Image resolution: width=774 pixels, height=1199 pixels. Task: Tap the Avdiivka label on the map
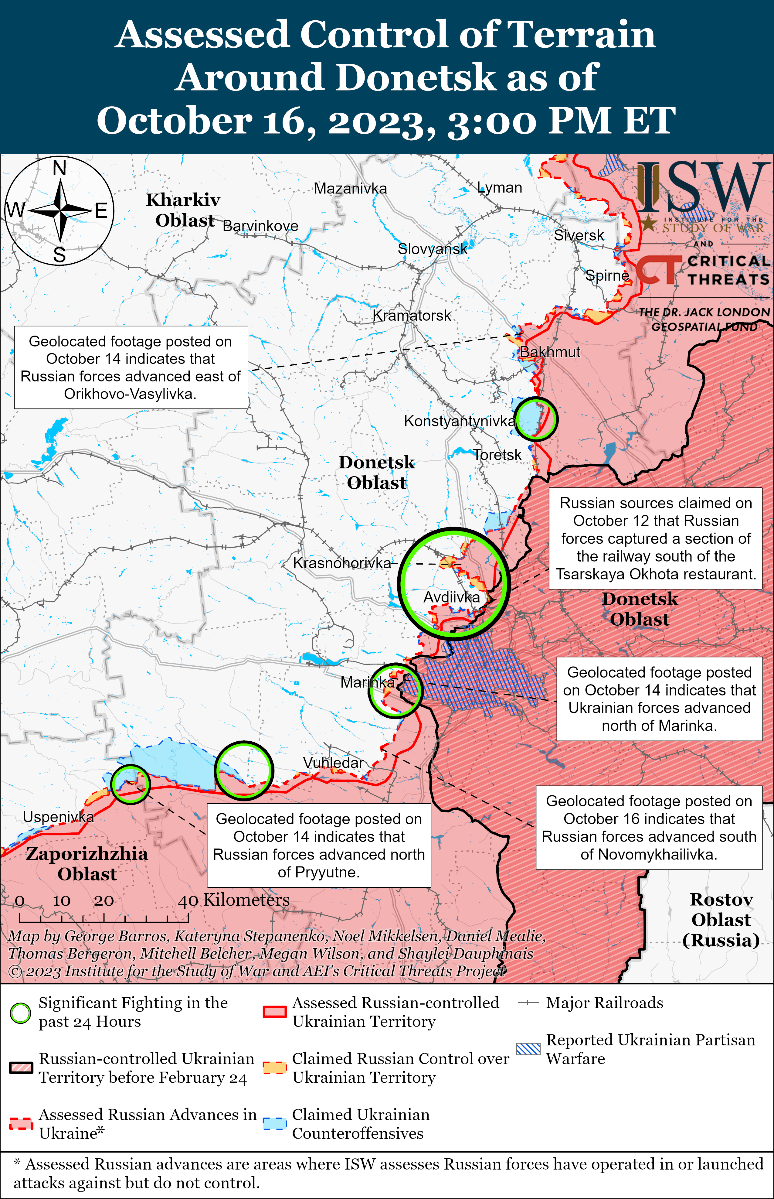coord(451,597)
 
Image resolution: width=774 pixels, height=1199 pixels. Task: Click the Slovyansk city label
coord(432,248)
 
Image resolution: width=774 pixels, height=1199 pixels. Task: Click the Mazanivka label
coord(350,189)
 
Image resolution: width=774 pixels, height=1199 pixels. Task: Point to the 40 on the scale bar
coord(188,901)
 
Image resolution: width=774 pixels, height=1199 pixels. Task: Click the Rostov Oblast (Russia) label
coord(721,920)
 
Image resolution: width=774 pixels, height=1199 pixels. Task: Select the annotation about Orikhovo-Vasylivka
coord(131,367)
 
